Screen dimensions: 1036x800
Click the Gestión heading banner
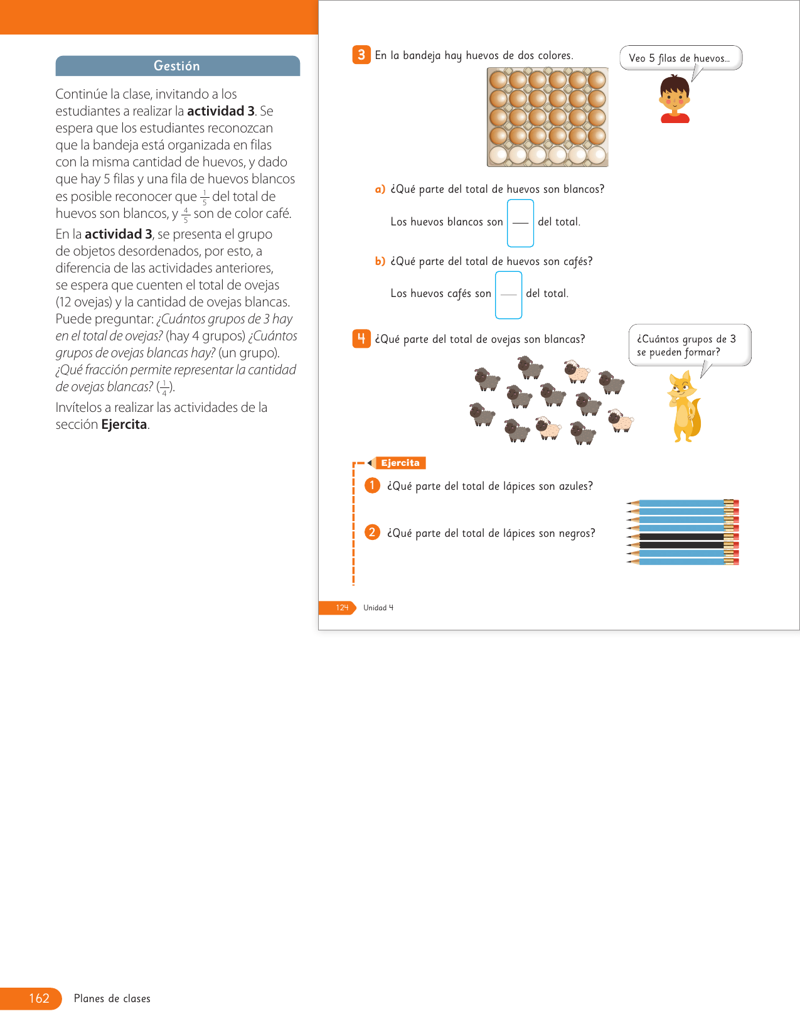tap(178, 66)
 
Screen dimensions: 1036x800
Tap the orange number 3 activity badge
tap(361, 55)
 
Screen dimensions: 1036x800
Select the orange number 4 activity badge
tap(361, 339)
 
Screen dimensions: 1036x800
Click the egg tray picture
tap(548, 117)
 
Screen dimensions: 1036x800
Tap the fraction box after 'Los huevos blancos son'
tap(520, 223)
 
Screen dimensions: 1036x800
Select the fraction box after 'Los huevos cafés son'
tap(508, 294)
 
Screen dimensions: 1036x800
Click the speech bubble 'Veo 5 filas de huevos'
tap(680, 58)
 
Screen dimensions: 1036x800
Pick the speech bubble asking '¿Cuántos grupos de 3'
tap(689, 345)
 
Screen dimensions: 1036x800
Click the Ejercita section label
tap(400, 463)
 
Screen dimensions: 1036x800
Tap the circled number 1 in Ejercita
tap(372, 485)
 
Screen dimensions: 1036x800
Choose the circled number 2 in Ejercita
tap(372, 532)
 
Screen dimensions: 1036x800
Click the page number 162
tap(39, 998)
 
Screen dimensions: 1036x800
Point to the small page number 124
tap(342, 608)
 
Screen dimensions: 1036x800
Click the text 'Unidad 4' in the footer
tap(378, 608)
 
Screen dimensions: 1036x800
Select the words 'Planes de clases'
tap(112, 998)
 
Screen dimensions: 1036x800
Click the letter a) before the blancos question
tap(380, 189)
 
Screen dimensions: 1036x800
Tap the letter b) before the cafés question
tap(380, 261)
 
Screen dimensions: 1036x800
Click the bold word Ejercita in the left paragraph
tap(124, 424)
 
